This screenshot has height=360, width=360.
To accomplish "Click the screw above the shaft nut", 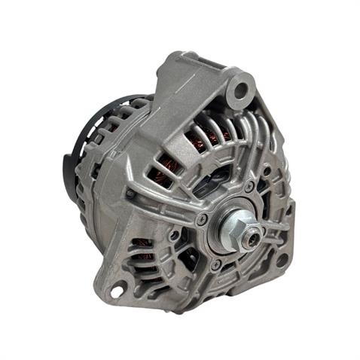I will (249, 186).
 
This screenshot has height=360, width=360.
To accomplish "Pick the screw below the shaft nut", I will (217, 264).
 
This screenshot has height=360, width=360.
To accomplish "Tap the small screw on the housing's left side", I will (130, 194).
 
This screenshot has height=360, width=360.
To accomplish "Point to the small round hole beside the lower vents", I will (175, 235).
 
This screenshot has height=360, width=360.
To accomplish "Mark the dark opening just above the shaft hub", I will (227, 197).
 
